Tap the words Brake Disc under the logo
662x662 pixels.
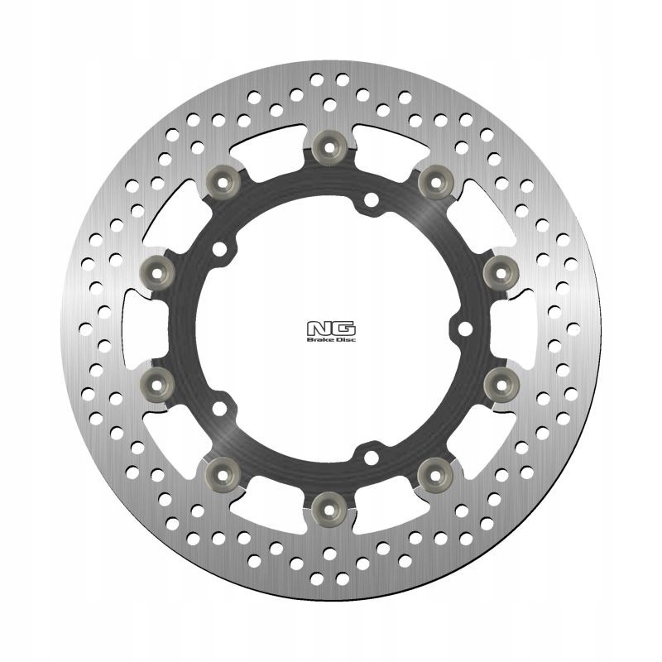click(331, 339)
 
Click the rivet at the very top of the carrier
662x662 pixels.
click(329, 146)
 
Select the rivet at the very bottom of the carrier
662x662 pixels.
click(329, 510)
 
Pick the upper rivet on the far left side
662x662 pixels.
click(157, 273)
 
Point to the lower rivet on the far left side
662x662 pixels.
click(157, 384)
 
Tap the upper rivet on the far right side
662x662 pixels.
click(501, 273)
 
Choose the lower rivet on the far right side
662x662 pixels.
click(501, 384)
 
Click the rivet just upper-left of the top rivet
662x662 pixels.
click(223, 182)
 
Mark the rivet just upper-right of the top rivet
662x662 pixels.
click(436, 182)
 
